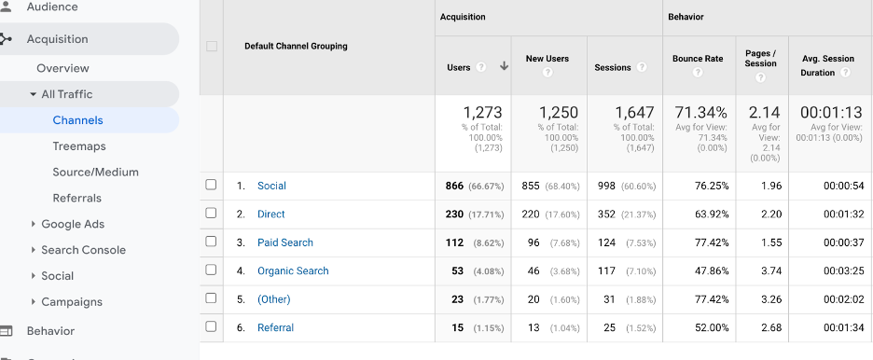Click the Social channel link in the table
(271, 186)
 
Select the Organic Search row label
(293, 271)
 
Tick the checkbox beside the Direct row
(211, 214)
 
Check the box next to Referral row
(211, 327)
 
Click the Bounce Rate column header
(698, 59)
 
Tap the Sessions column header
(613, 67)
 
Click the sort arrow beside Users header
(504, 66)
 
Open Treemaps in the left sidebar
(79, 146)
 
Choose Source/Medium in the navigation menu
(95, 173)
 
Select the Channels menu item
(77, 120)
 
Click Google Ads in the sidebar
(73, 225)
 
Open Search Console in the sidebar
(83, 250)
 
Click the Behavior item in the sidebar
(50, 331)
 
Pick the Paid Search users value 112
(455, 242)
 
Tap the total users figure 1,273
(482, 113)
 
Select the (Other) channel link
(274, 299)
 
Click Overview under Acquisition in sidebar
(62, 68)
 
